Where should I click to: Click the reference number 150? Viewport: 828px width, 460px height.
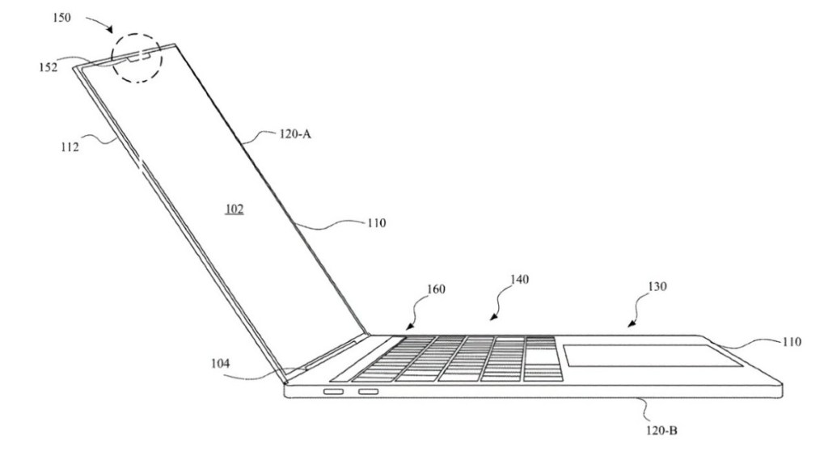pos(61,18)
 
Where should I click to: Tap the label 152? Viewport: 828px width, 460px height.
pos(48,67)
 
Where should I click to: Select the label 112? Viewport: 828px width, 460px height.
pos(70,147)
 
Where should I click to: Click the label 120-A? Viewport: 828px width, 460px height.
pos(295,134)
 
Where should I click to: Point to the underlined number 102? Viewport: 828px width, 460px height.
pos(234,209)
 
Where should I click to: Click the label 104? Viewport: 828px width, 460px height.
pos(220,363)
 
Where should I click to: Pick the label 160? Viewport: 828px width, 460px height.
pos(436,289)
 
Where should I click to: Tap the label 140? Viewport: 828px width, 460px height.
pos(519,280)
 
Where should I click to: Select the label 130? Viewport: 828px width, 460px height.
pos(657,286)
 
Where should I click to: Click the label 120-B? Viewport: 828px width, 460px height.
pos(661,430)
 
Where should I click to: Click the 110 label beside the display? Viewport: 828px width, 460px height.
pos(376,223)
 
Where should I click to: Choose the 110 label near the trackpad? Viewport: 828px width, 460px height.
pos(792,342)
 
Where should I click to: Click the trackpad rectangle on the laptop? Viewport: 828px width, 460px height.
pos(653,356)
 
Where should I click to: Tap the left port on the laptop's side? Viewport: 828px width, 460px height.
pos(333,392)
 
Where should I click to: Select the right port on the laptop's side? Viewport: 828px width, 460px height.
pos(369,392)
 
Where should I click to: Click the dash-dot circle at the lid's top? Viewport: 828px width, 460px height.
pos(112,57)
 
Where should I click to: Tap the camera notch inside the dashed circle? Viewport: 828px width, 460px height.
pos(140,56)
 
